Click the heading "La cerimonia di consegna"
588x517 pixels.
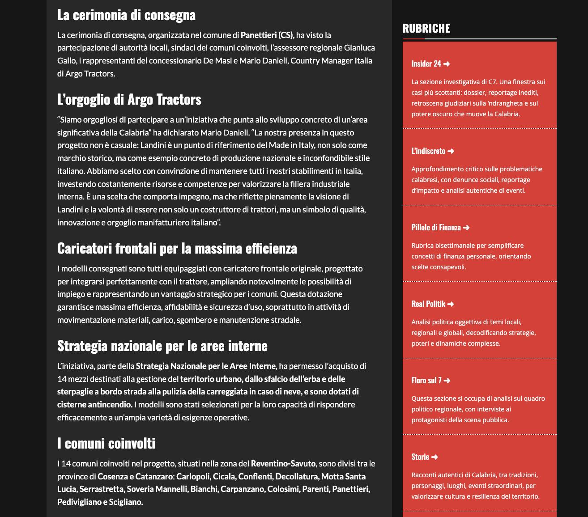click(x=126, y=15)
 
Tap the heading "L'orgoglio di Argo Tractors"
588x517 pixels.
click(x=129, y=99)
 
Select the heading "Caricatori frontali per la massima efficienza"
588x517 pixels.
click(x=177, y=248)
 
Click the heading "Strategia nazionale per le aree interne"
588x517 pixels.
click(x=162, y=346)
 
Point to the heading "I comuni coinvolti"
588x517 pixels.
click(x=106, y=443)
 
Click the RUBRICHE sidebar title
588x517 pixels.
click(x=426, y=28)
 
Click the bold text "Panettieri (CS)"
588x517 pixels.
click(x=267, y=35)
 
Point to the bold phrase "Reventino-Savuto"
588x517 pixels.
click(x=283, y=463)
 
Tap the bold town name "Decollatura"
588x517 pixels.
click(x=296, y=476)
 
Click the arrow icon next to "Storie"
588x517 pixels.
click(x=435, y=457)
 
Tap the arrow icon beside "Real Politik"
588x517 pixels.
click(x=451, y=304)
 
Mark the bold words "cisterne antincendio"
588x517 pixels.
click(x=94, y=404)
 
